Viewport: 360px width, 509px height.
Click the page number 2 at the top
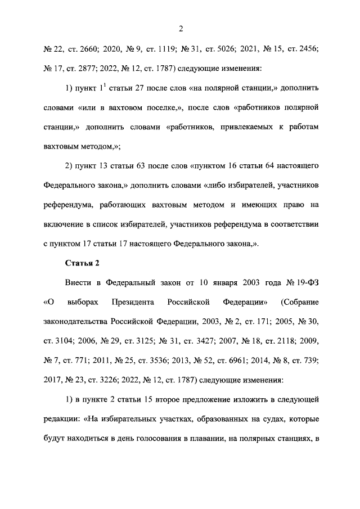click(x=181, y=29)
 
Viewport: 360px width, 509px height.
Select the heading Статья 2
click(x=82, y=263)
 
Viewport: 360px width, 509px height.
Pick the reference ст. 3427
click(x=200, y=341)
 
